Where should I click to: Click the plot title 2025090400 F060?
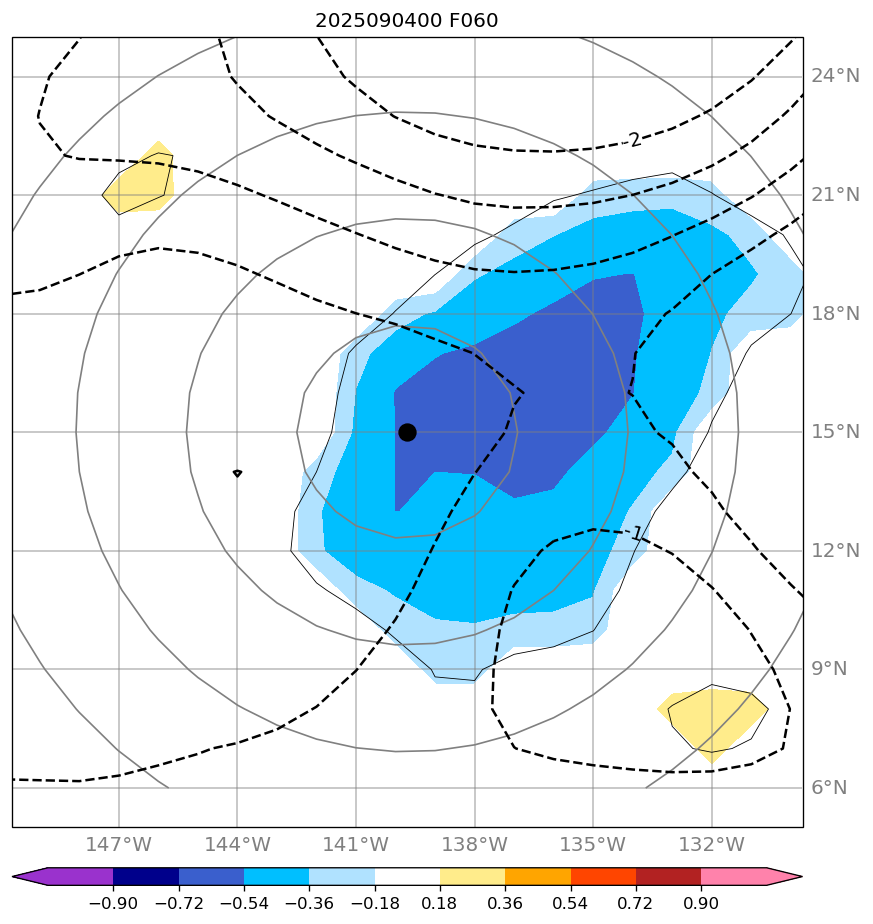[x=406, y=20]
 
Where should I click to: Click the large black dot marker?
[x=407, y=432]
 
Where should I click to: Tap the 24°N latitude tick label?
[x=834, y=76]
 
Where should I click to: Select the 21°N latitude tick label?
[x=834, y=195]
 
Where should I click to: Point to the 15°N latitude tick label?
[x=834, y=432]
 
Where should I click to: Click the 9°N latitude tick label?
[x=834, y=669]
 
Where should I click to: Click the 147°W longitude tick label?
[x=119, y=845]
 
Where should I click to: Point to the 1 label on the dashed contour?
[x=637, y=534]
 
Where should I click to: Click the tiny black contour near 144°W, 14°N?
[x=237, y=473]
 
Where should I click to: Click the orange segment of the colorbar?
[x=537, y=877]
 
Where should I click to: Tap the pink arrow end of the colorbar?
[x=784, y=877]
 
